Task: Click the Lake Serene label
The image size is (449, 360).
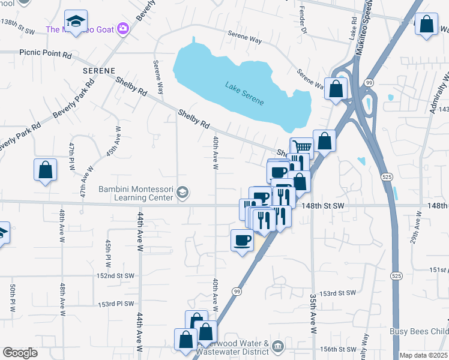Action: tap(244, 93)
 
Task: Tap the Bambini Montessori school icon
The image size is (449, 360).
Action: tap(182, 193)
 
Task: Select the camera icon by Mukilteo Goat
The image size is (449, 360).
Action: tap(124, 29)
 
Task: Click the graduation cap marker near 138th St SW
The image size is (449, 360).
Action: tap(76, 22)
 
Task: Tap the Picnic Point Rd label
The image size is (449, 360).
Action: tap(46, 53)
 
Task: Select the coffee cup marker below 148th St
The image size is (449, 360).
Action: tap(243, 240)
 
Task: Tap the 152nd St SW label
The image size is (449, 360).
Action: tap(115, 275)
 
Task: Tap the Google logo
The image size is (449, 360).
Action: tap(20, 353)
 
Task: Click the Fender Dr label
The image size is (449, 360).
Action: tap(303, 21)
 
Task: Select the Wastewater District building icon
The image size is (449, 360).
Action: tap(277, 346)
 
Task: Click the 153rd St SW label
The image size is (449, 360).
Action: tap(338, 293)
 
